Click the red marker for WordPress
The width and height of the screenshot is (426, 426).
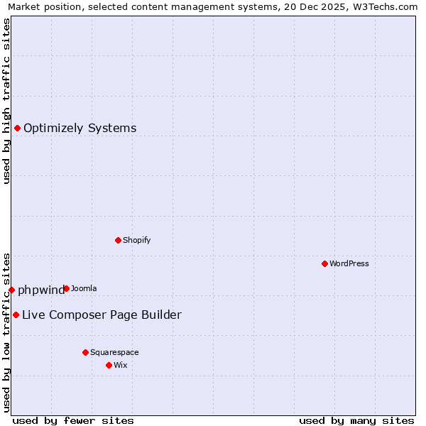tap(324, 263)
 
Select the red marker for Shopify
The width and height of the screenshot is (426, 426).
tap(118, 240)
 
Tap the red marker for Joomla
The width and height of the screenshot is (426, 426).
tap(66, 288)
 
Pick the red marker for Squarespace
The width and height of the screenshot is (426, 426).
tap(85, 352)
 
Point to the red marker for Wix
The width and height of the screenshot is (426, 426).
tap(109, 365)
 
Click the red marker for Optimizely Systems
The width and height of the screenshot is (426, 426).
tap(17, 128)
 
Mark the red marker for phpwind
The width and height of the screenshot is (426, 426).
tap(11, 290)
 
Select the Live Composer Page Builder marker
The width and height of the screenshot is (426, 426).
tap(16, 315)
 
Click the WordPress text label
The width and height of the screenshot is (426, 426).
tap(349, 263)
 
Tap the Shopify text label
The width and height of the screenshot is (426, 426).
tap(137, 240)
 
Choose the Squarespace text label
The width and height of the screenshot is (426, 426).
tap(114, 352)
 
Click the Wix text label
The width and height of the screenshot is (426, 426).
tap(120, 365)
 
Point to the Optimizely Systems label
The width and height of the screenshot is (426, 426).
tap(80, 128)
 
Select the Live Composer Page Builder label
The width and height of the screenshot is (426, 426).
tap(102, 315)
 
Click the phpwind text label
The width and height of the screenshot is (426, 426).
tap(40, 290)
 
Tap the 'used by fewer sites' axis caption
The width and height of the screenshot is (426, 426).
tap(72, 420)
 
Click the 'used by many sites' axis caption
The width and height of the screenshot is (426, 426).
tap(356, 420)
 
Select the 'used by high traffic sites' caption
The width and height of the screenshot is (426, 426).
tap(6, 101)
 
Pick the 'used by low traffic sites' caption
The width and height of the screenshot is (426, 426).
tap(6, 332)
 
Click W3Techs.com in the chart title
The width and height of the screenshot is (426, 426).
tap(388, 7)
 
